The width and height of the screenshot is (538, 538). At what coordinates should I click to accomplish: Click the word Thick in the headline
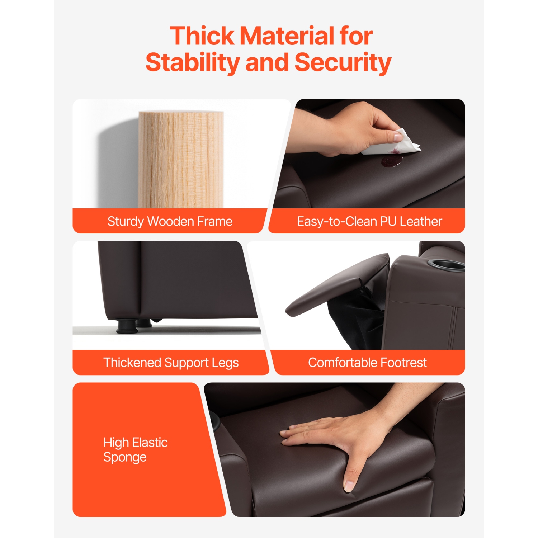pyautogui.click(x=202, y=36)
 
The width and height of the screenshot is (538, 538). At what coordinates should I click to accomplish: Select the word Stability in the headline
pyautogui.click(x=193, y=62)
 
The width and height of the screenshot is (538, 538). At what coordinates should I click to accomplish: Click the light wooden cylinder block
pyautogui.click(x=181, y=160)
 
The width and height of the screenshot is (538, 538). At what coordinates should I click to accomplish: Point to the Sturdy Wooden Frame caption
pyautogui.click(x=170, y=221)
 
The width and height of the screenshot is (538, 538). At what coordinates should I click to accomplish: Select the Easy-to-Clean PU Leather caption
pyautogui.click(x=369, y=221)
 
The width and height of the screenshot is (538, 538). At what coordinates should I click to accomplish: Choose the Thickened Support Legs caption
pyautogui.click(x=171, y=363)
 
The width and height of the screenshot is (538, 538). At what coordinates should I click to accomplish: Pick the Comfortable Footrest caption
pyautogui.click(x=367, y=363)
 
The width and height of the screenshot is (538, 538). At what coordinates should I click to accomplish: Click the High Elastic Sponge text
pyautogui.click(x=136, y=450)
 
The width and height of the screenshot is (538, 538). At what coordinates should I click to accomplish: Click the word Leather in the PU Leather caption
pyautogui.click(x=421, y=221)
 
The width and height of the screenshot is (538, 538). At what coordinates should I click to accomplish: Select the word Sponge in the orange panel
pyautogui.click(x=125, y=458)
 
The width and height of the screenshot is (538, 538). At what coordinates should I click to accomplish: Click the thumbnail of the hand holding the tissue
pyautogui.click(x=398, y=136)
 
